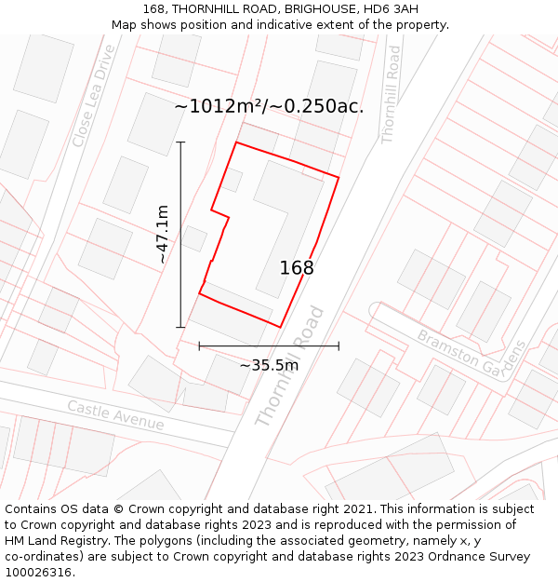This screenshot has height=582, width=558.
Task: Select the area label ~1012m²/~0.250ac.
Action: click(x=269, y=106)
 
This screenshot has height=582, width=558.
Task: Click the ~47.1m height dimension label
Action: click(x=163, y=234)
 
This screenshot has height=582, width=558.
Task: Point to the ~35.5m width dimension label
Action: click(x=269, y=365)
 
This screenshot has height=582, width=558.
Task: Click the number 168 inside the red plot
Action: click(x=297, y=268)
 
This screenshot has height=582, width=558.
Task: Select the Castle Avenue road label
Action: click(x=115, y=415)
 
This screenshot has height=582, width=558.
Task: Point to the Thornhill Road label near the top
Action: click(x=392, y=96)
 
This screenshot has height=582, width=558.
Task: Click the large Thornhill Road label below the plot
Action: click(x=290, y=368)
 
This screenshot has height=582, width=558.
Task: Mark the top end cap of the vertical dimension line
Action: click(x=180, y=142)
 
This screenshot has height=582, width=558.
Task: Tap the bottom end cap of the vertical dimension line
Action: click(x=180, y=327)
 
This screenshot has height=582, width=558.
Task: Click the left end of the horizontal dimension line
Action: click(x=199, y=345)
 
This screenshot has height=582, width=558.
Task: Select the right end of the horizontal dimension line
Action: click(x=339, y=345)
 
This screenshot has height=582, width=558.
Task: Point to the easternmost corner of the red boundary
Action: click(x=339, y=176)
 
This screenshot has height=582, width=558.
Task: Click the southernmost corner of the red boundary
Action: click(x=281, y=327)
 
